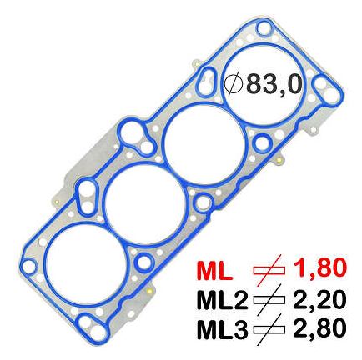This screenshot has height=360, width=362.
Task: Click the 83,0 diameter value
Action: point(274,84)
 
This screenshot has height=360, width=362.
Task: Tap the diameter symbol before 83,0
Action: point(234,84)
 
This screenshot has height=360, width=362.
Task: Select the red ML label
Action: point(214,270)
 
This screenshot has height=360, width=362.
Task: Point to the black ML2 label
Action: point(222,300)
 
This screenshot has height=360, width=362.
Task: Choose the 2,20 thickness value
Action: point(319,299)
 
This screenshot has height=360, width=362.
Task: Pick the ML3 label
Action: point(222,329)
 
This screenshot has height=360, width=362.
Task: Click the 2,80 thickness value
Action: point(319,328)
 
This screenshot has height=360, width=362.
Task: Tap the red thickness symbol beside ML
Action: point(269,270)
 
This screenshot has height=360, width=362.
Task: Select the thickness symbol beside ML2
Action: point(269,300)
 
